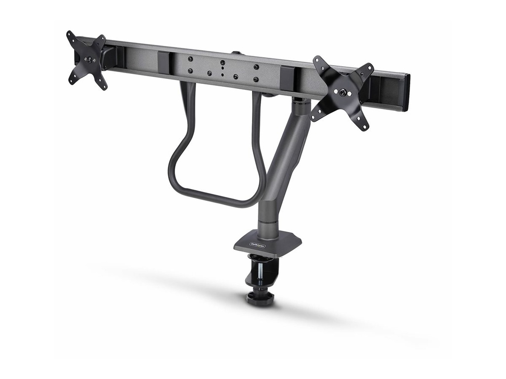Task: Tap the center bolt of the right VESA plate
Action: [342, 92]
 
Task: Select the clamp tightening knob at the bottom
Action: [260, 298]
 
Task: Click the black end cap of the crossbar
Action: [406, 92]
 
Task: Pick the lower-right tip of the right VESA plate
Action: [365, 127]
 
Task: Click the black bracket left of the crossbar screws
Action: [165, 62]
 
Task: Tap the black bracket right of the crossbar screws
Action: [286, 78]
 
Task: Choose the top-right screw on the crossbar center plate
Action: [256, 67]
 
